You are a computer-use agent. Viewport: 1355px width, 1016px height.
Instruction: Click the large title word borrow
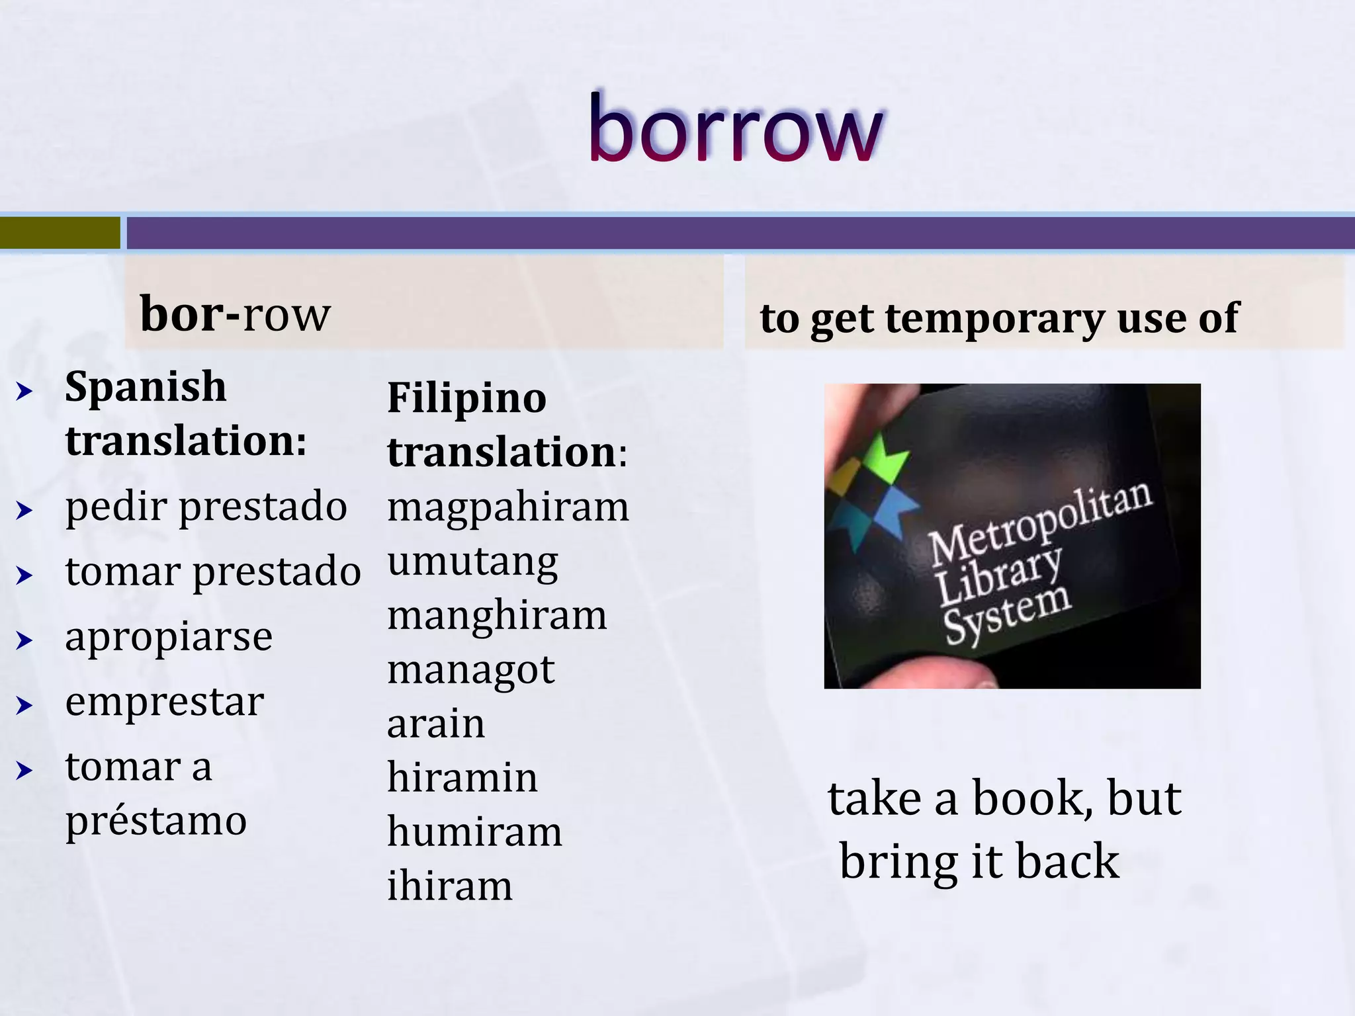point(735,129)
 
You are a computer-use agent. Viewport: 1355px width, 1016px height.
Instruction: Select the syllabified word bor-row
point(235,314)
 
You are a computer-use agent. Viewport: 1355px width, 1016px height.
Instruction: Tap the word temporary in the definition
point(995,319)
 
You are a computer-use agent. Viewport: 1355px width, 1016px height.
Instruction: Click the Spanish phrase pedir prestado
point(206,507)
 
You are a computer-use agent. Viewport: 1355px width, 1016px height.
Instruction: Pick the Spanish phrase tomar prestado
point(213,572)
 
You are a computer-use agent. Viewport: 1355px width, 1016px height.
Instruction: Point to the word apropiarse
point(169,638)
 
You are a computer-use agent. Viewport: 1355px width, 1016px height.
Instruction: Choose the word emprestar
point(165,702)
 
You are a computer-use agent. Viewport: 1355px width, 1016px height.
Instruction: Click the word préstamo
point(156,822)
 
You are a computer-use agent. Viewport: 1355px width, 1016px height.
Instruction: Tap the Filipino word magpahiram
point(508,508)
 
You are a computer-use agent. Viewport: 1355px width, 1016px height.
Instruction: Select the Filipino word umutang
point(472,563)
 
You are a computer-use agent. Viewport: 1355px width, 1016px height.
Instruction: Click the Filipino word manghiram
point(497,616)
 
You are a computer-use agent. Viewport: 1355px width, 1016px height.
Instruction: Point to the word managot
point(471,671)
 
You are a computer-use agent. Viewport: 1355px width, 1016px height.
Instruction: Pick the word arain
point(436,724)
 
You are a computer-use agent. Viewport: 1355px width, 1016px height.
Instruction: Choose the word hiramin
point(462,778)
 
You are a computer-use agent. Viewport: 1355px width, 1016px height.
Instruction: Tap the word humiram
point(474,832)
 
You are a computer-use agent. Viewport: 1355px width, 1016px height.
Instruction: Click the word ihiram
point(450,886)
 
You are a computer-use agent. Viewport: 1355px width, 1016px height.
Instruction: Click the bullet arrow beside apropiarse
point(24,640)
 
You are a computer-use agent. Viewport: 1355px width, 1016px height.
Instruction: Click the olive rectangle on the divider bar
point(60,233)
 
